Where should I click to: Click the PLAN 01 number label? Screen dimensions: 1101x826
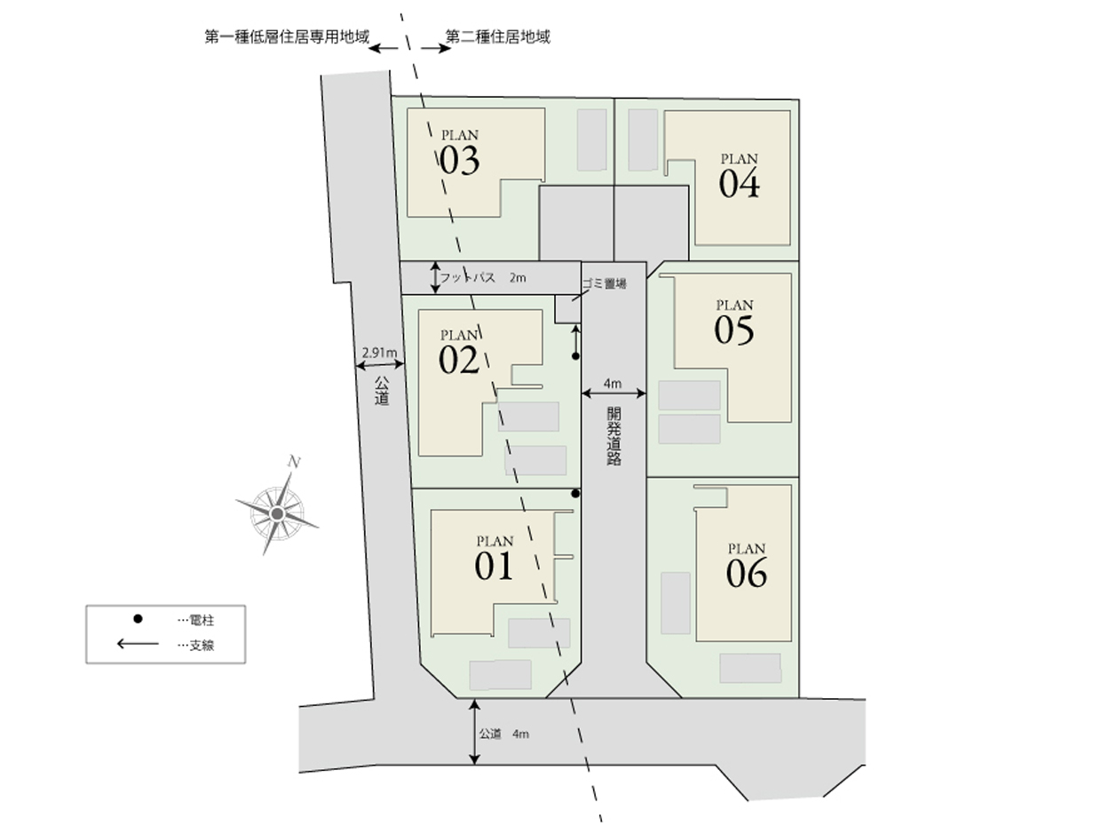(x=494, y=566)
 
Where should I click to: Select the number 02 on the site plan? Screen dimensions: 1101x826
(x=458, y=360)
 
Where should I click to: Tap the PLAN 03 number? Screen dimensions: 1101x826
(x=459, y=161)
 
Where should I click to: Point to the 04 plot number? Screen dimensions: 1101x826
(x=739, y=184)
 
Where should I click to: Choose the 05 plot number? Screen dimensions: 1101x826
(x=733, y=330)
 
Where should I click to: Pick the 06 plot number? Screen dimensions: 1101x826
(x=747, y=573)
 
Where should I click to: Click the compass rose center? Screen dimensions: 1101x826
(x=277, y=513)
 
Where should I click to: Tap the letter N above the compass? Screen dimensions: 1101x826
(x=294, y=462)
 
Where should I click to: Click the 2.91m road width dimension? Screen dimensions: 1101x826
(x=379, y=353)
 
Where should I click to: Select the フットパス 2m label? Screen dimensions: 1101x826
(x=482, y=277)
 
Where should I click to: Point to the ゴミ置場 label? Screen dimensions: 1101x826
(x=604, y=284)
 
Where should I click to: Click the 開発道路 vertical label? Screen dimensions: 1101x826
(x=614, y=436)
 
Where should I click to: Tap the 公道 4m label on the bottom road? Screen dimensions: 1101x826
(x=503, y=734)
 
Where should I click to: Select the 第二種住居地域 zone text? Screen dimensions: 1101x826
(x=497, y=36)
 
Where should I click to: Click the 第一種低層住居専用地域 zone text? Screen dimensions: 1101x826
(x=287, y=36)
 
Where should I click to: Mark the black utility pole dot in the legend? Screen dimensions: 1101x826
(x=138, y=619)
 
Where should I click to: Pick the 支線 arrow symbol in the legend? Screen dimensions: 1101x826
(x=138, y=643)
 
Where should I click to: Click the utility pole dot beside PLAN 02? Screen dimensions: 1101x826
(x=575, y=356)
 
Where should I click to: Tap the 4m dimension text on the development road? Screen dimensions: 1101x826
(x=613, y=384)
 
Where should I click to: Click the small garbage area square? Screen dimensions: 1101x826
(x=567, y=309)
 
